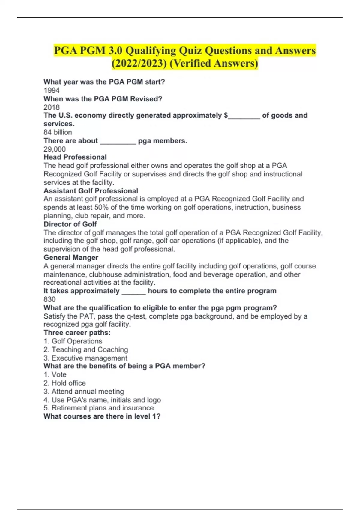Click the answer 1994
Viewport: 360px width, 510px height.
pos(52,90)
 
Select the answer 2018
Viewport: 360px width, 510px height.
pos(52,107)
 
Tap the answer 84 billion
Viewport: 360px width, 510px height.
pos(58,132)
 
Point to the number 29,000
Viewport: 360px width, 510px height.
pos(55,149)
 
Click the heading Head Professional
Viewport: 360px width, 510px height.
pos(75,157)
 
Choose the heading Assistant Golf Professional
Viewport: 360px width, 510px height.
pos(91,191)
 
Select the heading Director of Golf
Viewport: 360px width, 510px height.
pos(70,224)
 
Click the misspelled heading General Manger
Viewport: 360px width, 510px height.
pos(71,257)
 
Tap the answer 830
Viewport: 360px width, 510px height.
pos(49,299)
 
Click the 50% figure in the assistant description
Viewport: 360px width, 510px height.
pos(101,207)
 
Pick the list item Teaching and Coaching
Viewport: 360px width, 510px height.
pos(86,349)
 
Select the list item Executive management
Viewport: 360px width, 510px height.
pos(85,358)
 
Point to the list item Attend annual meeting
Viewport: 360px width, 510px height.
pos(84,391)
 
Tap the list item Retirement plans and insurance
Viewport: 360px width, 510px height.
pos(99,408)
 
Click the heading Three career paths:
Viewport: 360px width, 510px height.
pos(77,333)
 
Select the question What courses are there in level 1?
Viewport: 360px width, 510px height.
pos(102,416)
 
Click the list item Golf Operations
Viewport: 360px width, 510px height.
pos(73,341)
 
